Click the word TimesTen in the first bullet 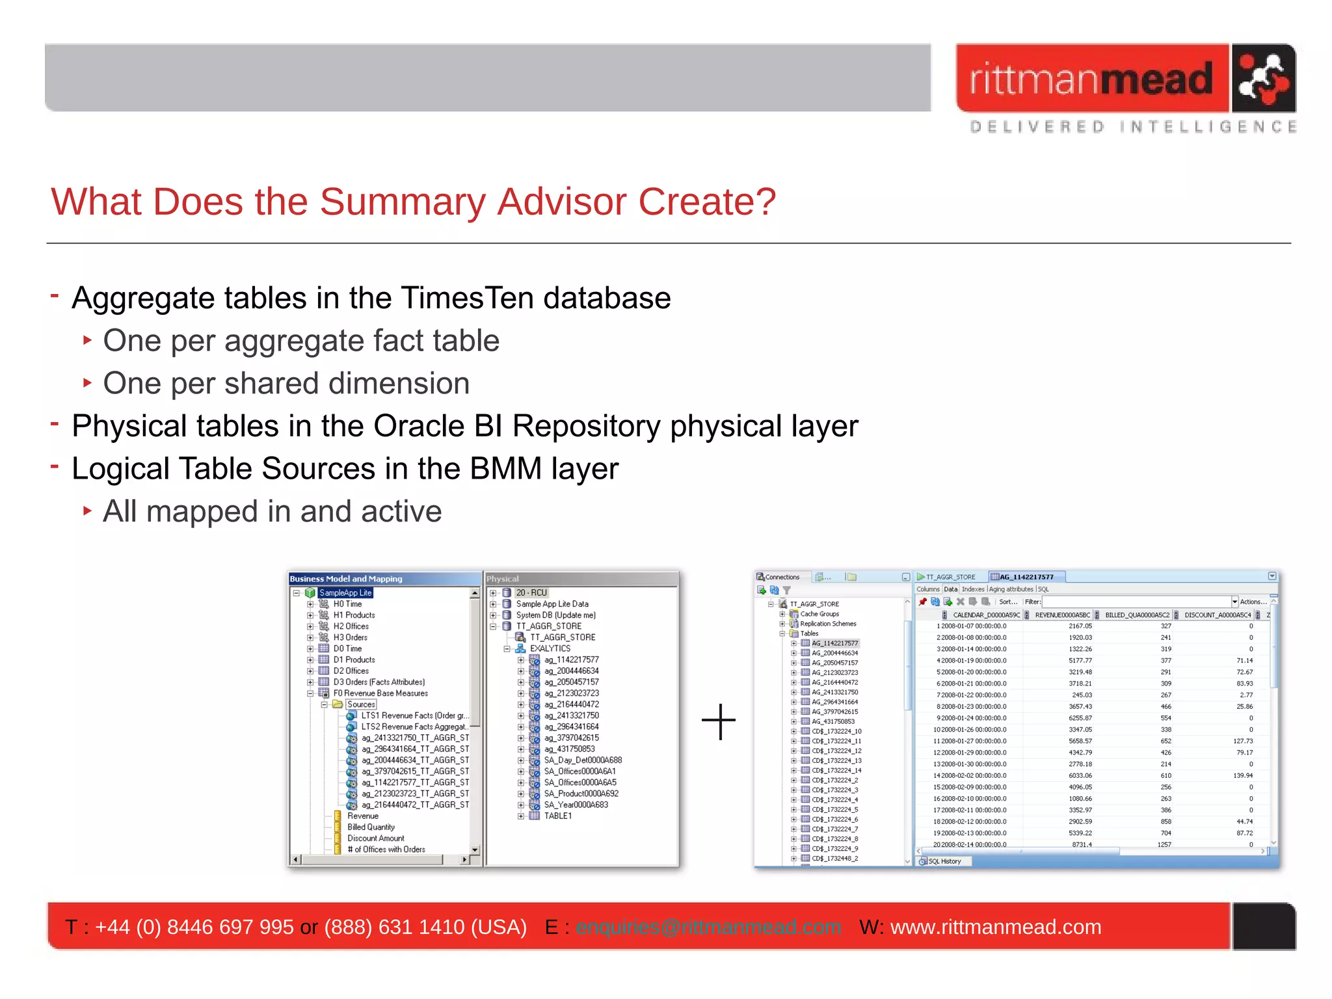tap(468, 298)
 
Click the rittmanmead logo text tap(1091, 79)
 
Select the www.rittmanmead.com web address tap(995, 927)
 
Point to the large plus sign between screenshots tap(719, 721)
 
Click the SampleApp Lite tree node tap(345, 593)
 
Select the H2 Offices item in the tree tap(351, 626)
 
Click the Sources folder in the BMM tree tap(360, 704)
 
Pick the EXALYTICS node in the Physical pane tap(550, 648)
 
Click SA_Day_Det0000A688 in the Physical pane tap(582, 760)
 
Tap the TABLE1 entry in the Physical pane tap(557, 816)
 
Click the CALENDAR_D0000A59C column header tap(985, 615)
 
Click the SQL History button tap(944, 861)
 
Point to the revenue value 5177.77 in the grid tap(1080, 660)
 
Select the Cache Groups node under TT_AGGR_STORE tap(819, 614)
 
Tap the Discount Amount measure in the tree tap(375, 838)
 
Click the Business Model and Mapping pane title tap(346, 579)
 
